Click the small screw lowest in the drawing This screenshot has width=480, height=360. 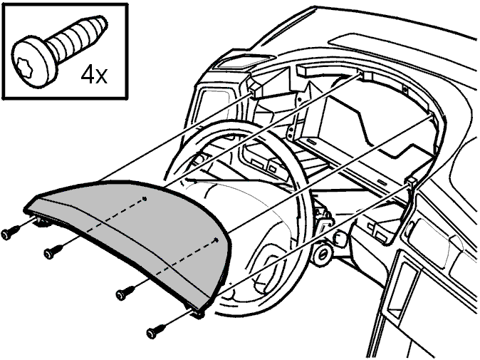click(x=155, y=331)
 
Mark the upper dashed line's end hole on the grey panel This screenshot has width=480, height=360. click(x=145, y=199)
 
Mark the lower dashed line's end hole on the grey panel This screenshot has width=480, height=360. click(x=216, y=240)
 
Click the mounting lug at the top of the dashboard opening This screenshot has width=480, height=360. click(x=365, y=76)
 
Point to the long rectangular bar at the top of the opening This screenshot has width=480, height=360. click(x=328, y=71)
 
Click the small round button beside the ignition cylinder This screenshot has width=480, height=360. click(x=339, y=238)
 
